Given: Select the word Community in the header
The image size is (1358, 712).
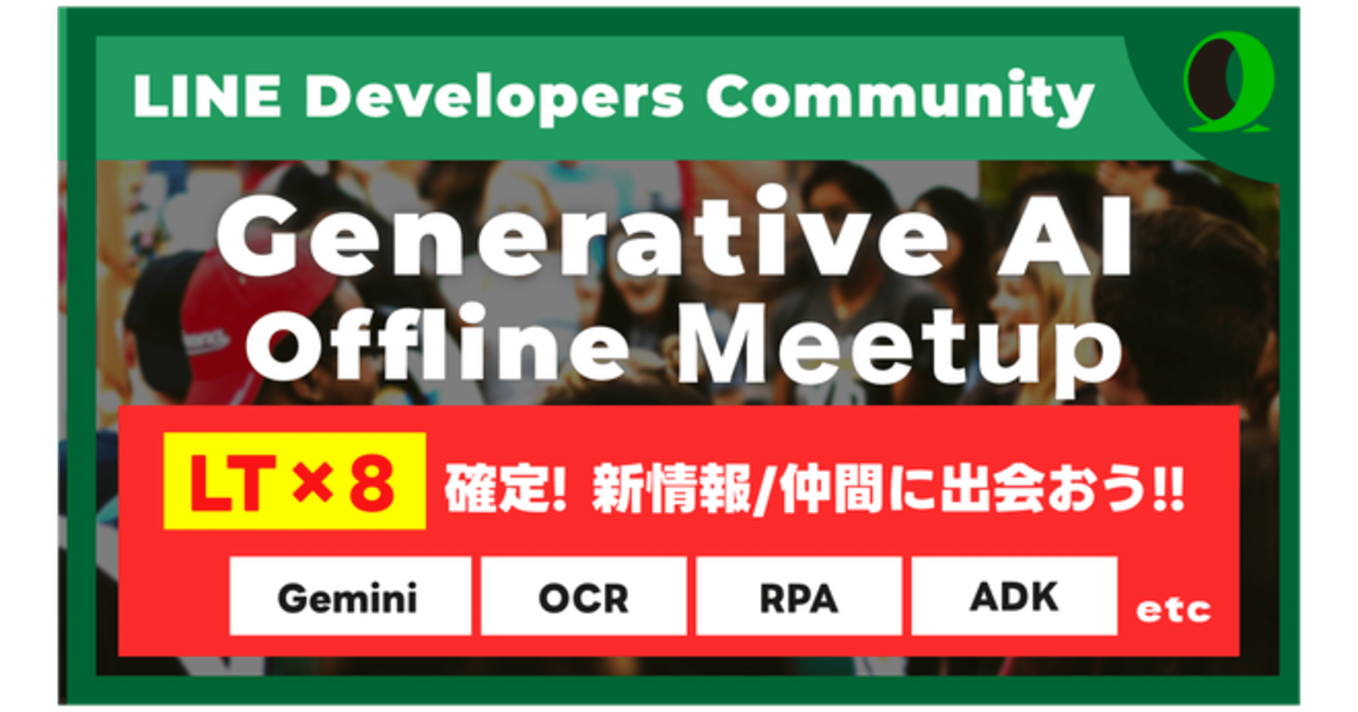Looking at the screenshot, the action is click(x=900, y=98).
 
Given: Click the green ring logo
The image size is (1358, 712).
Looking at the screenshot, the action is click(x=1228, y=82).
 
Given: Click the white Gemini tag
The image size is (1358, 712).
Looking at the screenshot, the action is click(x=350, y=596).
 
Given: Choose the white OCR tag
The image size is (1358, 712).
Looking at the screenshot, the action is click(x=584, y=596).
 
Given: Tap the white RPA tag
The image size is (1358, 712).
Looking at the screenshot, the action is click(x=799, y=596).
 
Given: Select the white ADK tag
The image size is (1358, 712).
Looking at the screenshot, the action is click(x=1014, y=596).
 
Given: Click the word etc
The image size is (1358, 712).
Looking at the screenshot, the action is click(x=1173, y=611).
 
